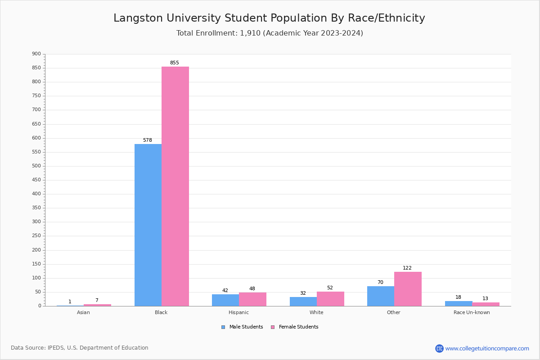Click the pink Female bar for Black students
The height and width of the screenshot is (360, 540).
pos(175,186)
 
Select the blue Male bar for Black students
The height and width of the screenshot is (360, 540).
pos(148,225)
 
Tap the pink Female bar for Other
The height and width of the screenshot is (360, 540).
pos(408,289)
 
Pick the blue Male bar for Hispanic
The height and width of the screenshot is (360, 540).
pos(225,300)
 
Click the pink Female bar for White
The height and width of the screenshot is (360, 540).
pos(330,299)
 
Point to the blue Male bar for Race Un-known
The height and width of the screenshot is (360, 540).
pos(458,303)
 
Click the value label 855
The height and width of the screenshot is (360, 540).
pos(174,63)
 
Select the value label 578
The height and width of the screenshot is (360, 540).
pos(148,140)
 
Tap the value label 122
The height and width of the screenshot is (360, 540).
pos(407,268)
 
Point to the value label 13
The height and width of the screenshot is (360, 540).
pos(485,299)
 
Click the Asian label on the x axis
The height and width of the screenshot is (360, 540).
pos(83,312)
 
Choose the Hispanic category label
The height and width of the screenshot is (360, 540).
pos(238,312)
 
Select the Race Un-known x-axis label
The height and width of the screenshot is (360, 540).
pos(472,312)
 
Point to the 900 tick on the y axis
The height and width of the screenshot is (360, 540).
pos(36,54)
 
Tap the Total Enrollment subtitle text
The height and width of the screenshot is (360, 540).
pos(270,33)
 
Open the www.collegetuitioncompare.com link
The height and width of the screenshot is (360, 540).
pos(487,348)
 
